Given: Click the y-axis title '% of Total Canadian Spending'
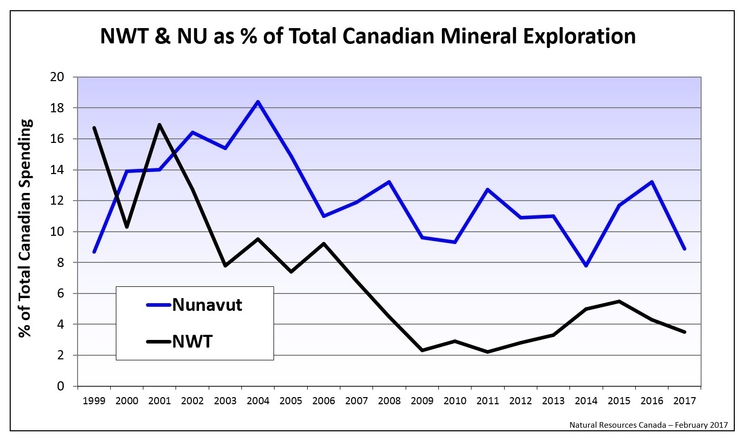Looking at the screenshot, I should (26, 228).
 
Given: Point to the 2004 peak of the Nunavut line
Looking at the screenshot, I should (258, 102).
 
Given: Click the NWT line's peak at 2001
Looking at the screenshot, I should (159, 125).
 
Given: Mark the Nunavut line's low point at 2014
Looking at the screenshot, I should (586, 265).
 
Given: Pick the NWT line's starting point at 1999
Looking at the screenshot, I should (94, 128).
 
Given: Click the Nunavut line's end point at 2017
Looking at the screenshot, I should (684, 249).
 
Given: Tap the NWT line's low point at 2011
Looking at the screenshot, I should (487, 352).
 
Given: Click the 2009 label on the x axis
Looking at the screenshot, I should (422, 401).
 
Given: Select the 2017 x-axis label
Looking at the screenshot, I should (684, 401).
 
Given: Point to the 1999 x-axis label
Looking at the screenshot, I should (94, 401).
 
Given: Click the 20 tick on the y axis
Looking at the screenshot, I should (58, 77).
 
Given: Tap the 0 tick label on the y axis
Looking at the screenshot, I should (61, 386).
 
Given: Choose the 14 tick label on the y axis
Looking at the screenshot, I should (58, 170).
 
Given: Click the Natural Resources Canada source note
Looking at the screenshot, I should (648, 425).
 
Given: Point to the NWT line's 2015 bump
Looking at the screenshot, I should (619, 301).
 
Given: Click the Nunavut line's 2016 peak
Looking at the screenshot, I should (652, 182).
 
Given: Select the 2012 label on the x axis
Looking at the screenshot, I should (520, 401).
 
